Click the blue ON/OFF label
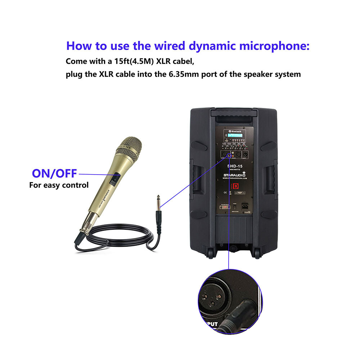tap(54, 174)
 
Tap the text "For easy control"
tap(59, 185)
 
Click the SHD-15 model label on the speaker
tap(234, 166)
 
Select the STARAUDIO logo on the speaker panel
tap(234, 175)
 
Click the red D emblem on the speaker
tap(235, 187)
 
